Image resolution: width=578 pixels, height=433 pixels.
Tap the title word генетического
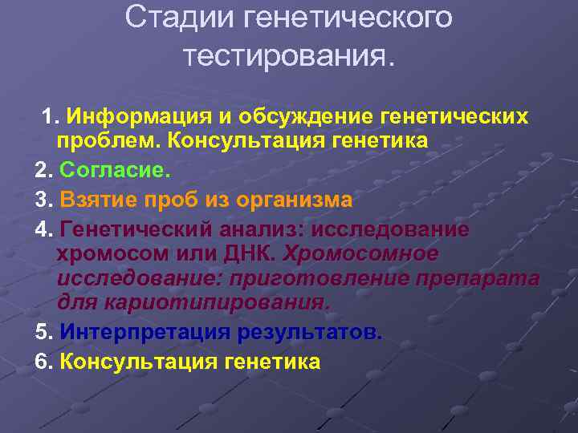pyautogui.click(x=336, y=18)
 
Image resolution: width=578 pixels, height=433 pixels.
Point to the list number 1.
pyautogui.click(x=50, y=117)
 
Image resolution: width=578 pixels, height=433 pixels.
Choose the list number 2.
pyautogui.click(x=43, y=170)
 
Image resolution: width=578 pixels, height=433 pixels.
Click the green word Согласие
pyautogui.click(x=115, y=170)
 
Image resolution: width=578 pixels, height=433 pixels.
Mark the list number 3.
pyautogui.click(x=43, y=199)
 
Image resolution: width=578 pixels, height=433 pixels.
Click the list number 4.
pyautogui.click(x=43, y=229)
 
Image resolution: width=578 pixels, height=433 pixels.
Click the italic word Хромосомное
pyautogui.click(x=360, y=254)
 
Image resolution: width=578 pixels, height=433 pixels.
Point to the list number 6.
pyautogui.click(x=43, y=361)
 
